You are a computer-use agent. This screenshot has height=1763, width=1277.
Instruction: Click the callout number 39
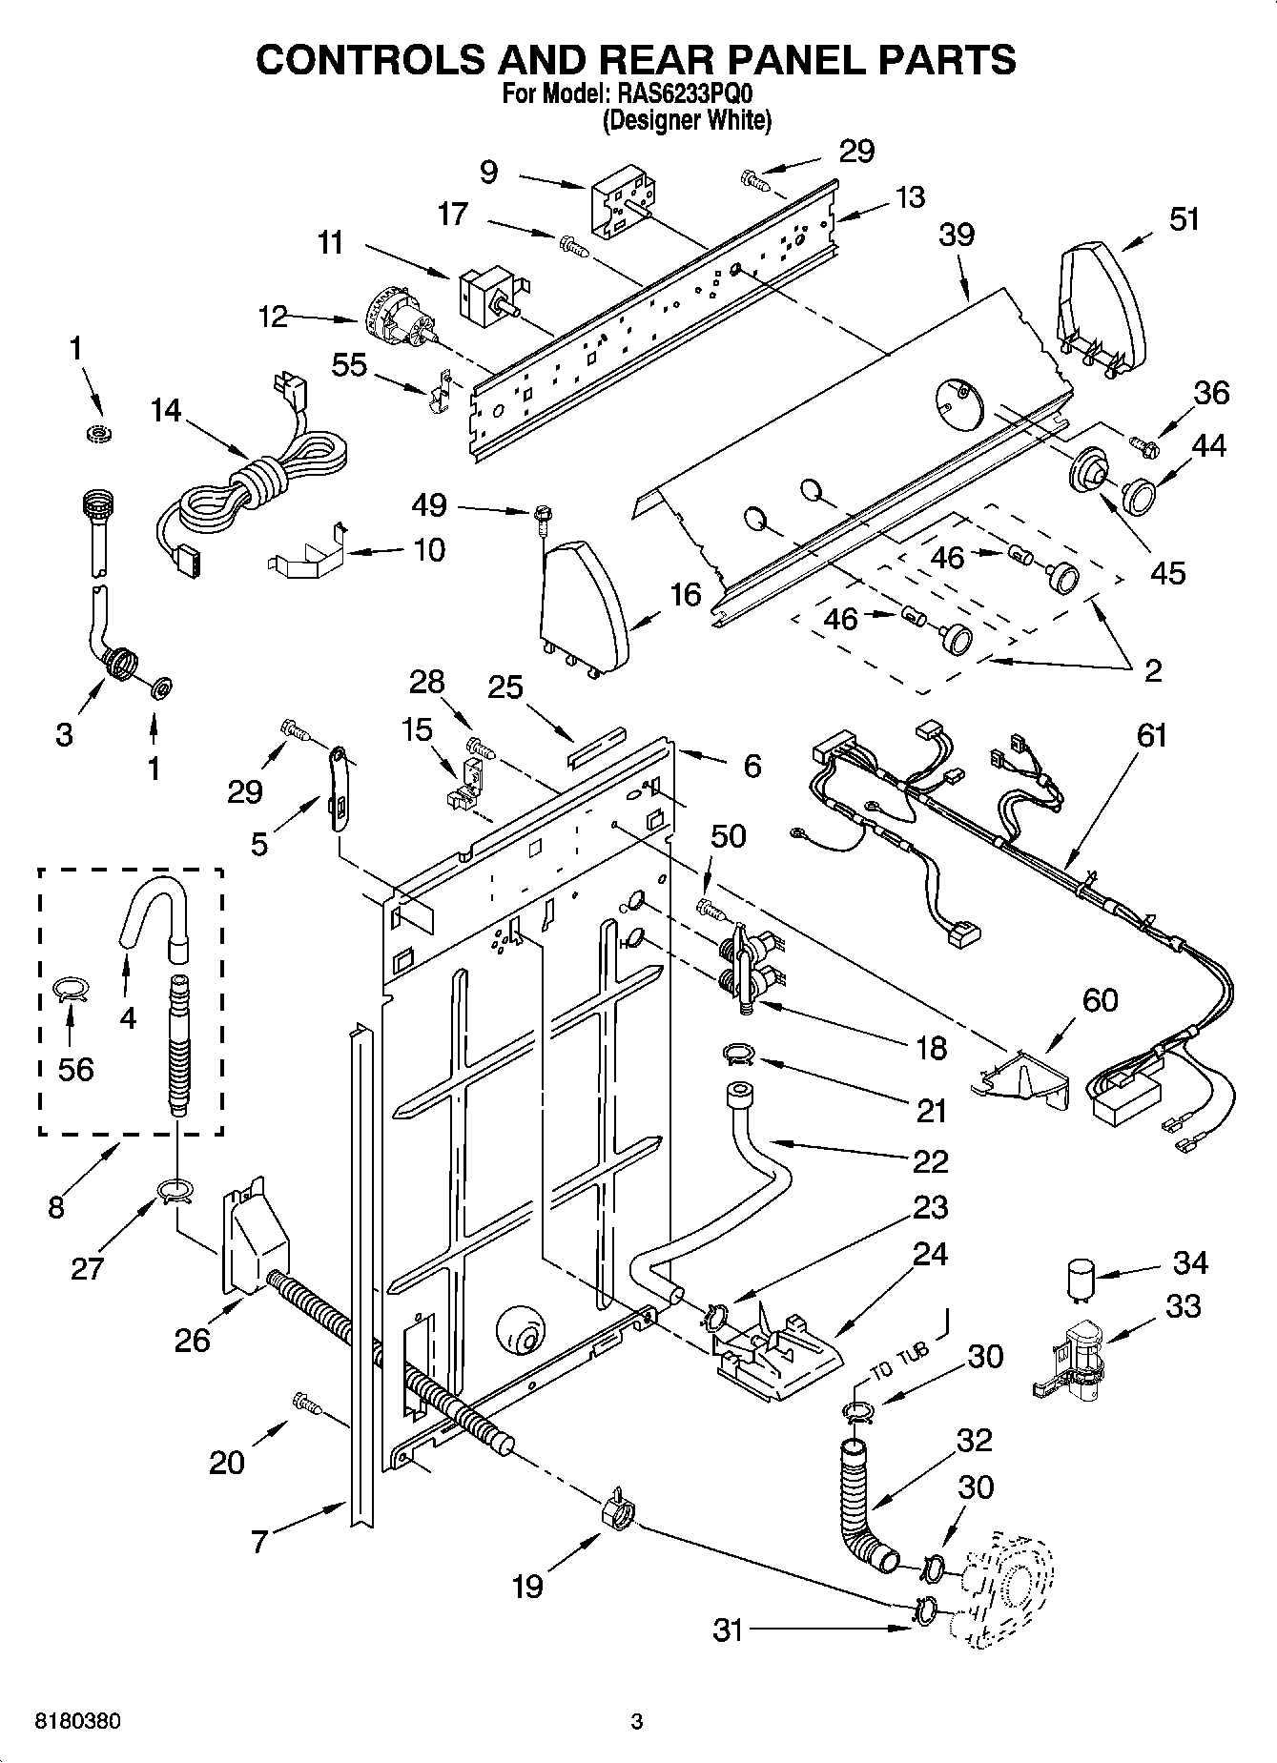tap(957, 235)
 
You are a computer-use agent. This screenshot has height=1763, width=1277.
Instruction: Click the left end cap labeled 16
tap(582, 605)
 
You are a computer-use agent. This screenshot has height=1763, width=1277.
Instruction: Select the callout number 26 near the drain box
tap(192, 1340)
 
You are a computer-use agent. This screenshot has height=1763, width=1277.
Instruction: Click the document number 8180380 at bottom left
tap(77, 1722)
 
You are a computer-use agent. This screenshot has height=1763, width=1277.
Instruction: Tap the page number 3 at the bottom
tap(637, 1722)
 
